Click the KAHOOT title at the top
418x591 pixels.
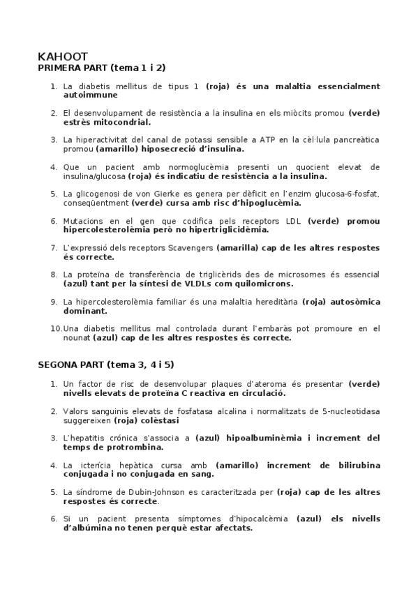pos(63,56)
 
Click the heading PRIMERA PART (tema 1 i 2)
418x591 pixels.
pos(101,68)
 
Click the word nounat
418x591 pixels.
pos(77,338)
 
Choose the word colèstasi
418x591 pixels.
pos(158,420)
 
